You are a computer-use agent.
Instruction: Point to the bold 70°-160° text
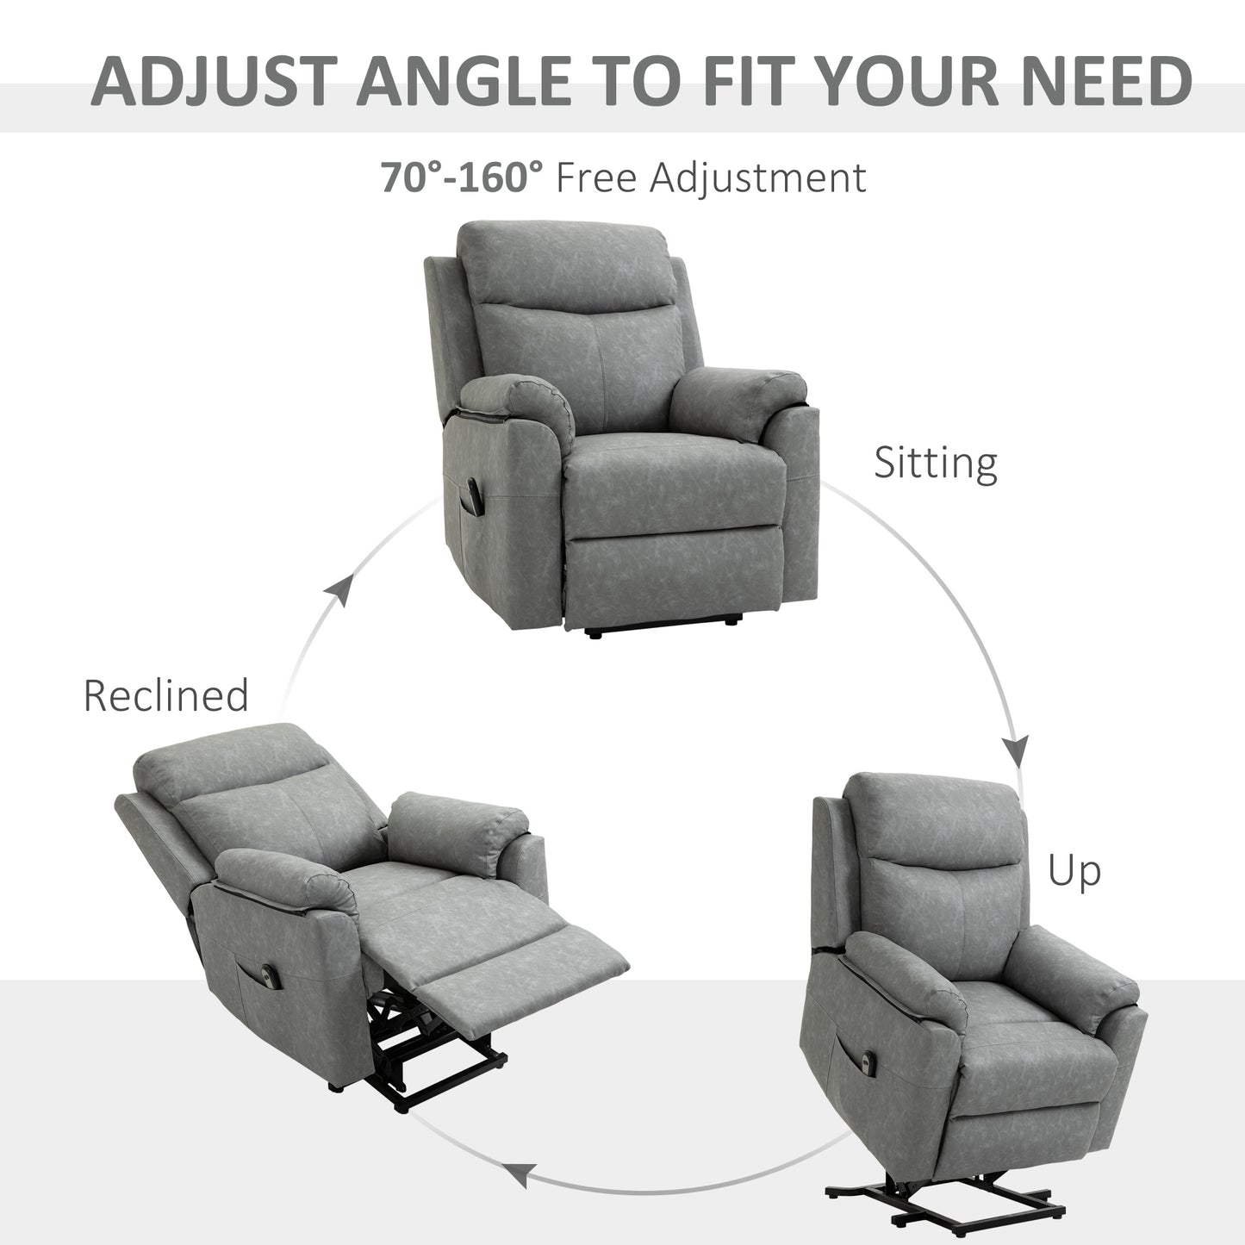(x=463, y=177)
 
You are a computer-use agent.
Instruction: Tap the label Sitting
(x=935, y=463)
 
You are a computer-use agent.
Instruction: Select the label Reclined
(x=165, y=696)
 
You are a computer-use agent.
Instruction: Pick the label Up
(x=1074, y=872)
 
